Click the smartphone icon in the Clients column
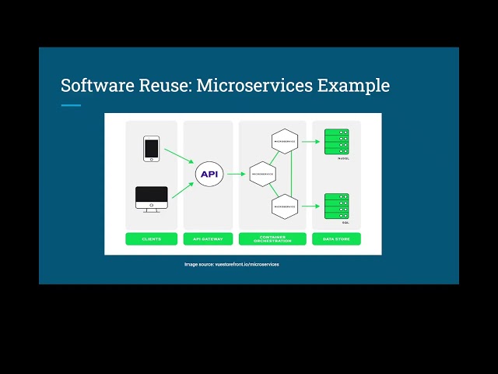(151, 149)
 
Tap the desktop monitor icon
(152, 199)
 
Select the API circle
(209, 174)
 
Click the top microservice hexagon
(286, 141)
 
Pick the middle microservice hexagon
(263, 174)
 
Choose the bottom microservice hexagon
(286, 206)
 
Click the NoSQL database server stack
(336, 143)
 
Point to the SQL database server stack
(336, 206)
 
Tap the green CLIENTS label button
(151, 238)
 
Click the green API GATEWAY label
(208, 238)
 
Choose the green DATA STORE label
(336, 238)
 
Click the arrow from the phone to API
(179, 157)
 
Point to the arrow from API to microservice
(236, 174)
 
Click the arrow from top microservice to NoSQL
(311, 142)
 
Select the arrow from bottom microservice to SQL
(311, 206)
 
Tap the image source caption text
(231, 264)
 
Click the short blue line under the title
(71, 105)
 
